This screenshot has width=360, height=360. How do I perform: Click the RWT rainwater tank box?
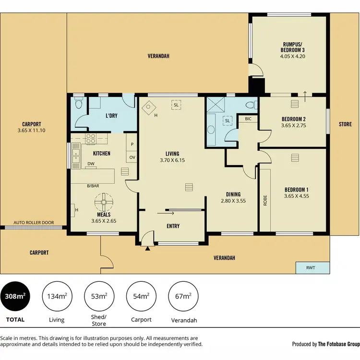point(311,268)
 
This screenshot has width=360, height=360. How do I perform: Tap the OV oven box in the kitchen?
point(132,157)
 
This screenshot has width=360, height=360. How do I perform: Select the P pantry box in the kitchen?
point(132,143)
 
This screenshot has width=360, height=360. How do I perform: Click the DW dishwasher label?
point(90,164)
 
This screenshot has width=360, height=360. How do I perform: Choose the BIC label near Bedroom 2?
point(248,119)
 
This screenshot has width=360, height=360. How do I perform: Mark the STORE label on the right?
point(345,124)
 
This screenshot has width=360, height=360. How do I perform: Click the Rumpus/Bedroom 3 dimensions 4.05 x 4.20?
point(293,56)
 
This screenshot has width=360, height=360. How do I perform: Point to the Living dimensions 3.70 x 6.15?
point(172,162)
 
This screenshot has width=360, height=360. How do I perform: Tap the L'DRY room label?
point(111,116)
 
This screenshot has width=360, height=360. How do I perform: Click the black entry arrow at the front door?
point(147,249)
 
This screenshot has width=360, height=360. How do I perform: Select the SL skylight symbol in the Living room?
point(176,105)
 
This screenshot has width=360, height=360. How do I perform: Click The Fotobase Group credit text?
point(339,344)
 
